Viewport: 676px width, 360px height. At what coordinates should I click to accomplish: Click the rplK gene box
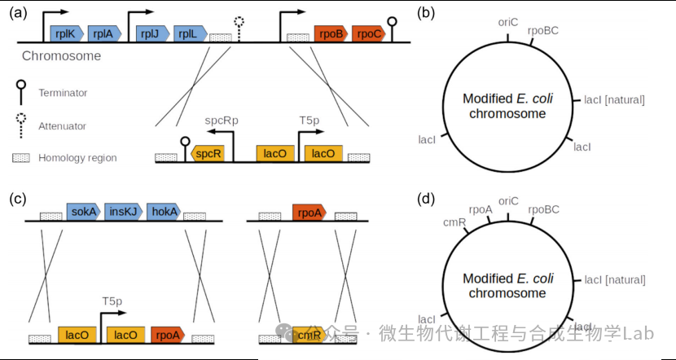(x=64, y=33)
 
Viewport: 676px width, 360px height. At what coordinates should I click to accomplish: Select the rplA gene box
(x=103, y=33)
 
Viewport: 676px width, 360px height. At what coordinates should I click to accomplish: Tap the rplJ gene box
(x=150, y=33)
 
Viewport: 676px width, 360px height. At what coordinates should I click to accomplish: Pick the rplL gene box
(x=187, y=33)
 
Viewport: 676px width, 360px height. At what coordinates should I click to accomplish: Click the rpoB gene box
(x=331, y=33)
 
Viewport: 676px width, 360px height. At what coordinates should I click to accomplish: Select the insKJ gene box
(x=123, y=212)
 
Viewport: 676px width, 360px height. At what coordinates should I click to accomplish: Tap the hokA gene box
(x=163, y=212)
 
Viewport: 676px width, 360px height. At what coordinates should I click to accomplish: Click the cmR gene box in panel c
(x=306, y=334)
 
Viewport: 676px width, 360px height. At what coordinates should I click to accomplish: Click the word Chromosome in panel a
(x=61, y=56)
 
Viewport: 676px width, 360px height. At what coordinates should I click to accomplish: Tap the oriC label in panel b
(x=508, y=22)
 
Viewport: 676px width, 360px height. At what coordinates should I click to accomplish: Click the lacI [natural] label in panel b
(x=614, y=99)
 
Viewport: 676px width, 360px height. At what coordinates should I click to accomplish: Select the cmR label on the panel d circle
(x=454, y=221)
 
